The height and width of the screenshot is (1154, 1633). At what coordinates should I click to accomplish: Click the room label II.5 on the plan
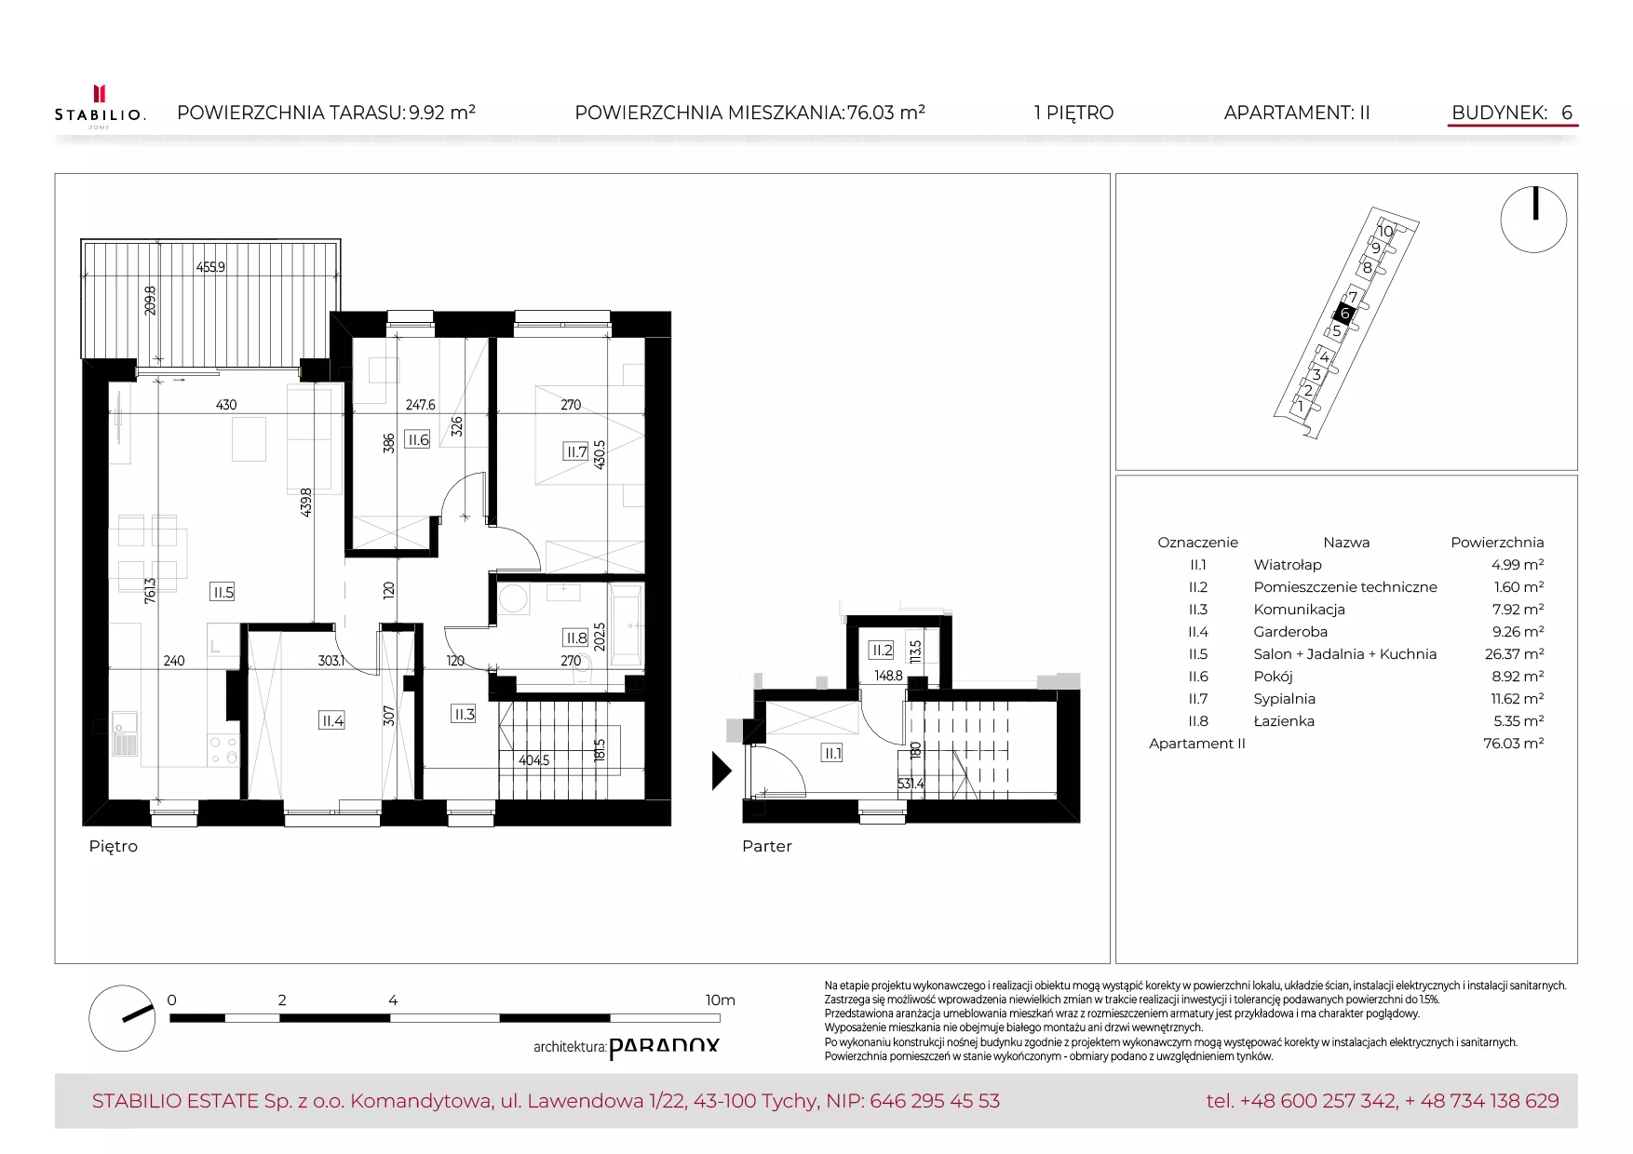click(223, 592)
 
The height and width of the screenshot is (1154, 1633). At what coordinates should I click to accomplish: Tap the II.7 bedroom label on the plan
click(577, 452)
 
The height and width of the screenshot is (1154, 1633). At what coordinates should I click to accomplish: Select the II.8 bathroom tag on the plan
click(577, 637)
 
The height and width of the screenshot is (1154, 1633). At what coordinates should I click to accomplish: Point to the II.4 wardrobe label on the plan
click(332, 720)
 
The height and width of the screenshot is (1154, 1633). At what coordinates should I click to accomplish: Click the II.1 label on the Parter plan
click(832, 753)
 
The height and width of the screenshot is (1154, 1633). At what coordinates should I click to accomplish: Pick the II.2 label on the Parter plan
click(882, 650)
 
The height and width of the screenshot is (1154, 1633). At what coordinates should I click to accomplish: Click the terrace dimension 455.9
click(210, 267)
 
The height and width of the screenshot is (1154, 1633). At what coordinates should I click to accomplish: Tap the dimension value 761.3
click(150, 590)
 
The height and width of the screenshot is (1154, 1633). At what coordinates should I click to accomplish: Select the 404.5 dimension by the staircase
click(534, 760)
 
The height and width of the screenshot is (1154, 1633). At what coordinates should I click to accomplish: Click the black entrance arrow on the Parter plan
click(722, 771)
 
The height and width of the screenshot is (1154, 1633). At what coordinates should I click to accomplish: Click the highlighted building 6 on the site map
click(1344, 314)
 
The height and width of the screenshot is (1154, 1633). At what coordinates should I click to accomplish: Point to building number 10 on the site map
click(1385, 232)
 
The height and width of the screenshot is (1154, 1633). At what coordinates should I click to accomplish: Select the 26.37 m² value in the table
click(1514, 654)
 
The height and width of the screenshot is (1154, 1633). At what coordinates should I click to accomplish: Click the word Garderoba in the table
click(1290, 632)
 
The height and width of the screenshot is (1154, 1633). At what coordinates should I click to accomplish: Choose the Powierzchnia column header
click(1497, 543)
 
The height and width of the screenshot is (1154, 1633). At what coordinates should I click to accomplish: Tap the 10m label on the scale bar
click(720, 1000)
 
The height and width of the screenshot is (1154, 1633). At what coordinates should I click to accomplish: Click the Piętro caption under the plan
click(114, 846)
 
